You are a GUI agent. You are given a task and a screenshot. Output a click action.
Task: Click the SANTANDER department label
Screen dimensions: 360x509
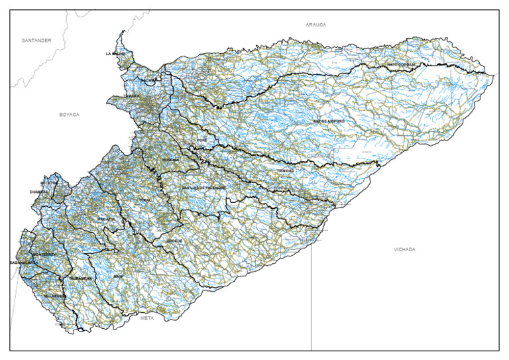[36, 40]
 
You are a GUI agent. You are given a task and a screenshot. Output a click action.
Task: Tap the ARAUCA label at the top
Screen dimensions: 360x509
[315, 25]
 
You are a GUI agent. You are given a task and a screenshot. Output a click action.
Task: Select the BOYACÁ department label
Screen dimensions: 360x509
[69, 115]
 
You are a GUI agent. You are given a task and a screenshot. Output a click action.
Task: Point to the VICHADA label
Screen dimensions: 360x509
[404, 249]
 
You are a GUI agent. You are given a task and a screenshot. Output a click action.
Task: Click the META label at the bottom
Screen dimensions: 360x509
[147, 318]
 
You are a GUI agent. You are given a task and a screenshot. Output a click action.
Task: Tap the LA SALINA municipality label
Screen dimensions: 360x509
[115, 53]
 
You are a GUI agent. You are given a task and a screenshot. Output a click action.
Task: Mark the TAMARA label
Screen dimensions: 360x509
[131, 96]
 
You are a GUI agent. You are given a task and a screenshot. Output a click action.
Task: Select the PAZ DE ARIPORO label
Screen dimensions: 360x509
[329, 122]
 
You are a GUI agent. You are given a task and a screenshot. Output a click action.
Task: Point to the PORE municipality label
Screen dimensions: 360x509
[202, 141]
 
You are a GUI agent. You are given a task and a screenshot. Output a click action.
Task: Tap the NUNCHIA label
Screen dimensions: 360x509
[171, 160]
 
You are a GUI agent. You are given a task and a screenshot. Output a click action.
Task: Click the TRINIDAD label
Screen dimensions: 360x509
[285, 171]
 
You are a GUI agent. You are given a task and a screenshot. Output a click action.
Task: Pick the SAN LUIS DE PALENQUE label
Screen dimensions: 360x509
[204, 188]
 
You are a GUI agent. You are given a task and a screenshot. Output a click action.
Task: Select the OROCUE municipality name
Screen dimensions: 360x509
[174, 240]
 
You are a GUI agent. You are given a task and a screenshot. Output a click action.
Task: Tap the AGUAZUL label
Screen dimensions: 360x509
[106, 218]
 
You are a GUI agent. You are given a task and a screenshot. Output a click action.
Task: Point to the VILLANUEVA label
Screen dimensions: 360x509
[55, 295]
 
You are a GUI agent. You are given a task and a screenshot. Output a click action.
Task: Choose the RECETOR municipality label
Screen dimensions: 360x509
[49, 182]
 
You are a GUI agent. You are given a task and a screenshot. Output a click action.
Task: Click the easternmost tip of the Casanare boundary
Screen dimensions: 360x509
[494, 74]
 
